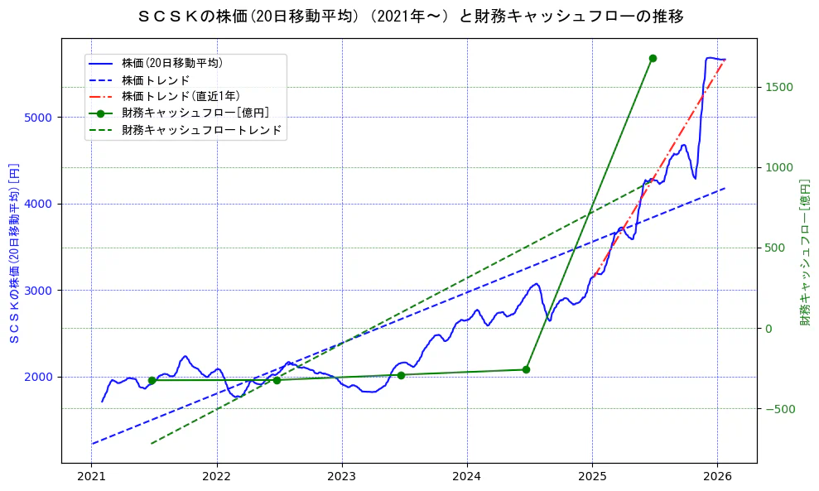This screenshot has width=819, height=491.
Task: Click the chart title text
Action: point(410,16)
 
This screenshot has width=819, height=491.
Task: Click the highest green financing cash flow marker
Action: point(653,58)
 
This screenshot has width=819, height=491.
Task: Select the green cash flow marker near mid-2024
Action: point(526,369)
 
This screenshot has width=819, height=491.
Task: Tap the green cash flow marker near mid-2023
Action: point(401,375)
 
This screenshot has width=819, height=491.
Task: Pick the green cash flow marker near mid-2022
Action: point(277,380)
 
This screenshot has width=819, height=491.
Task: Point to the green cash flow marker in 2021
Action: point(152,380)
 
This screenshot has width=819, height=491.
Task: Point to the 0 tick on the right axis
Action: point(768,329)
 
